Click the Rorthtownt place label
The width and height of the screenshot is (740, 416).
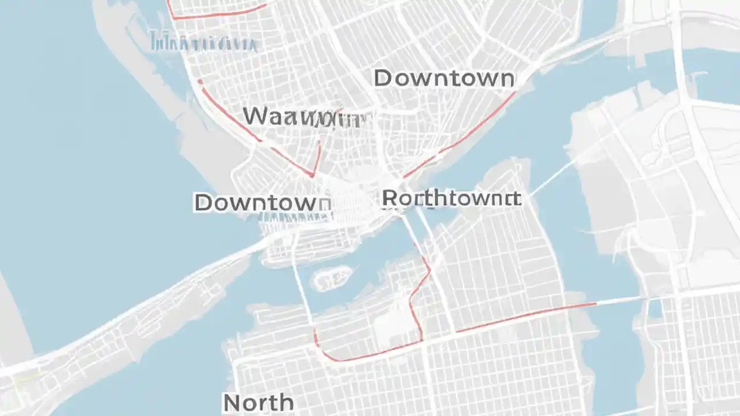click(452, 199)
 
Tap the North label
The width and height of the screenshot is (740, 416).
click(258, 402)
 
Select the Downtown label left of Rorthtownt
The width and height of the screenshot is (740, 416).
click(262, 203)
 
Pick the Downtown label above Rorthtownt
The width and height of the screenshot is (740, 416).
click(444, 79)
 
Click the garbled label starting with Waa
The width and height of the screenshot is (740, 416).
click(304, 117)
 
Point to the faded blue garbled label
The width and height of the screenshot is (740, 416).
click(202, 42)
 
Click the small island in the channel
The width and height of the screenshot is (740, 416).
click(331, 277)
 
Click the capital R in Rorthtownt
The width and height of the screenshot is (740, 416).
click(390, 199)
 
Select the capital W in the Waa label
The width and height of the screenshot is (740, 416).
click(257, 116)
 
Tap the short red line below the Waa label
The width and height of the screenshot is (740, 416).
click(317, 156)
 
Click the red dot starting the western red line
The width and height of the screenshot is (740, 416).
click(200, 81)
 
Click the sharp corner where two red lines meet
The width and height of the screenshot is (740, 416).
click(313, 174)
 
